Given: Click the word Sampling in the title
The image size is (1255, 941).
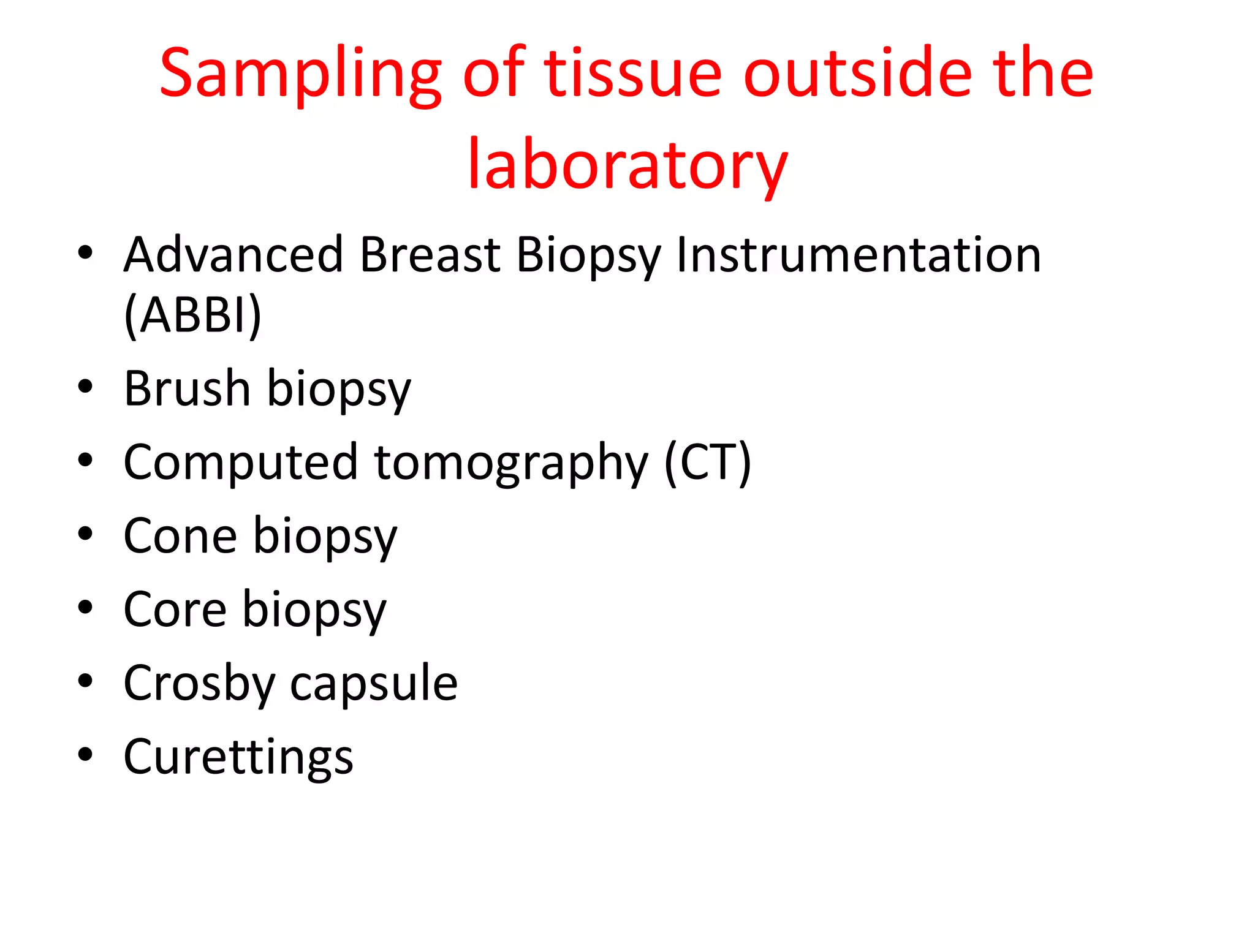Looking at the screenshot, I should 300,75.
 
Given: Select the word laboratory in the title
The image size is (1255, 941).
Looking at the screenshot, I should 627,165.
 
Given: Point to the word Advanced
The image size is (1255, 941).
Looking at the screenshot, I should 233,255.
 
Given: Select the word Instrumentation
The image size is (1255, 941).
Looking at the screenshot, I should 858,255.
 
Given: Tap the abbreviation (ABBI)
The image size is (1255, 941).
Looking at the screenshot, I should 193,315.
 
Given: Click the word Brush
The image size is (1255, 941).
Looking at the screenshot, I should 187,388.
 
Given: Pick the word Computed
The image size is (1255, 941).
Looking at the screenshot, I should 240,462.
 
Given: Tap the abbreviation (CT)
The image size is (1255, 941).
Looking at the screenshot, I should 708,462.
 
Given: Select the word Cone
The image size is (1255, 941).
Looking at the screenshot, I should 180,536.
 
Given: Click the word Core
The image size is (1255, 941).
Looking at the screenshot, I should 175,610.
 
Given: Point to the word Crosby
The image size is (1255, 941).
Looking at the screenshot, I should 199,684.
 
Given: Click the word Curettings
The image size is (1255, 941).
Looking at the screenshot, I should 238,757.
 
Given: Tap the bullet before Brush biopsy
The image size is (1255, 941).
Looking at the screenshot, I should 85,387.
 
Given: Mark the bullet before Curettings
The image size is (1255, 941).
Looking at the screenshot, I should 85,755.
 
